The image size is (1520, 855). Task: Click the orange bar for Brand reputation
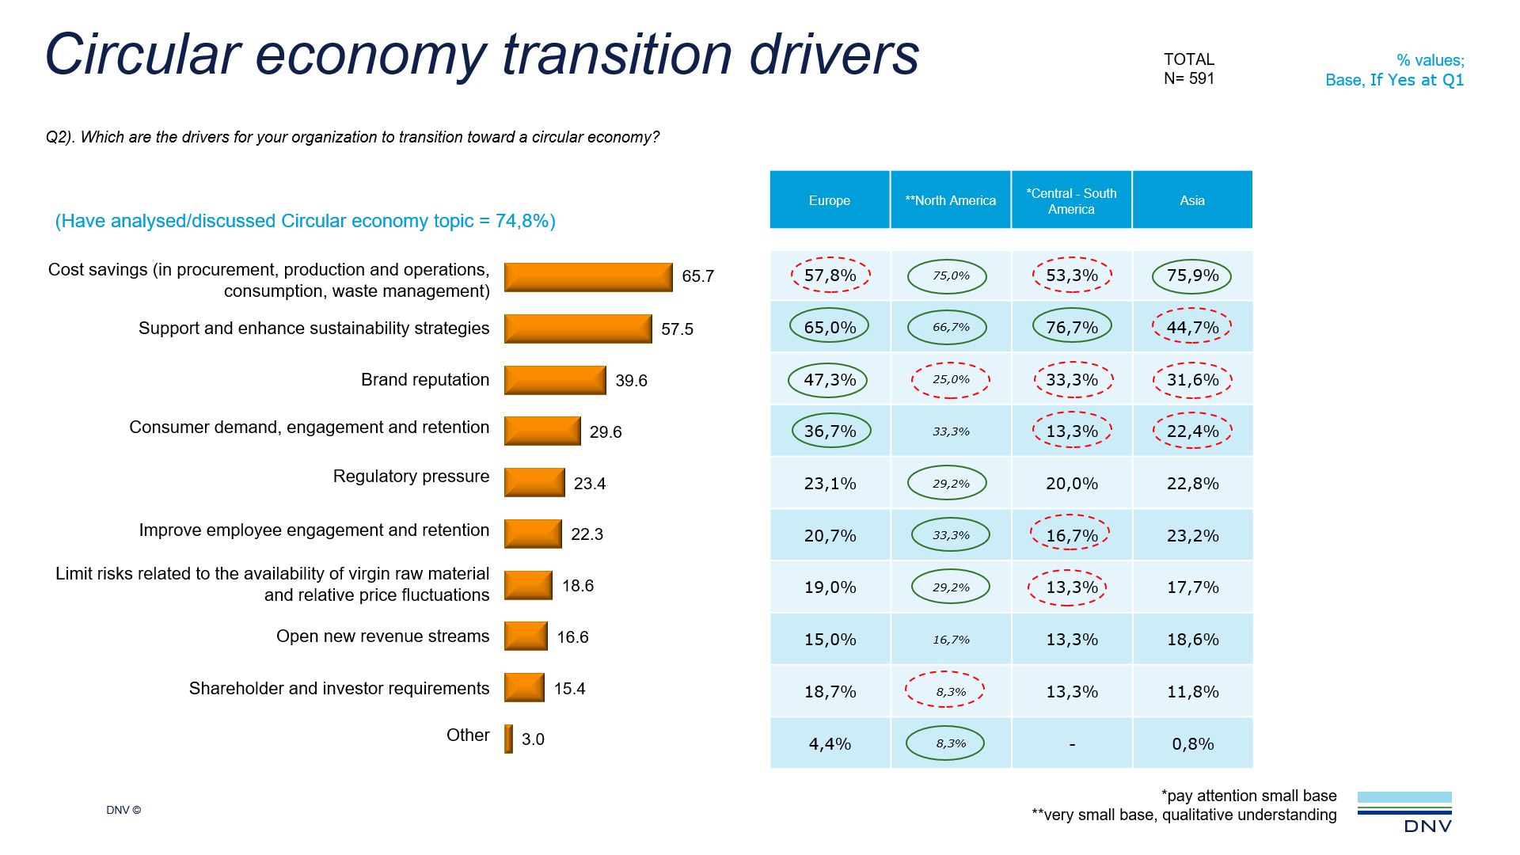[555, 380]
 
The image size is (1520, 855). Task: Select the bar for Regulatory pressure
[534, 483]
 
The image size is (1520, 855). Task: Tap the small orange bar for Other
[508, 739]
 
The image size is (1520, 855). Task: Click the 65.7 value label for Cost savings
[697, 276]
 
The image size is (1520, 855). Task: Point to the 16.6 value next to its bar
[572, 637]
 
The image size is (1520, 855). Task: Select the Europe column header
[829, 200]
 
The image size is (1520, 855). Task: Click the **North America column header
[950, 200]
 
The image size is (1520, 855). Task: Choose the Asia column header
[1191, 200]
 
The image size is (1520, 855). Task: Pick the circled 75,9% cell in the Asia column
[1191, 276]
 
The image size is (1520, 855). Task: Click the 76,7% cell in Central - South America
[1071, 327]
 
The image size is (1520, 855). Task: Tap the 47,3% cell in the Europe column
[829, 380]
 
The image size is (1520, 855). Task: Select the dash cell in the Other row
[1071, 744]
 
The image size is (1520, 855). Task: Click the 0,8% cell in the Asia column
[1191, 744]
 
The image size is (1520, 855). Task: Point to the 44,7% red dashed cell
[1191, 327]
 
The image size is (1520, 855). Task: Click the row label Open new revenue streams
[382, 636]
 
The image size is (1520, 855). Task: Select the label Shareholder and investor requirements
[339, 689]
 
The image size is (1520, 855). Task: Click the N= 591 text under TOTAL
[1188, 78]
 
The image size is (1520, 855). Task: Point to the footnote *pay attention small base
[1248, 796]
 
